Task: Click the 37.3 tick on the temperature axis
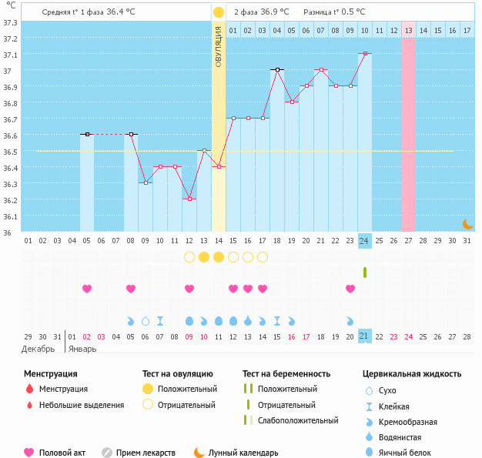tap(10, 22)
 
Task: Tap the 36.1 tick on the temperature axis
tap(10, 216)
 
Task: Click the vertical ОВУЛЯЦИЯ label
tap(219, 46)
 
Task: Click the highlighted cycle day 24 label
tap(365, 241)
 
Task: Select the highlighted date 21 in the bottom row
tap(365, 336)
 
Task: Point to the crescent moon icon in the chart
tap(467, 223)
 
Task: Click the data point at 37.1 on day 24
tap(365, 54)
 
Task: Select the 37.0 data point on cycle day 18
tap(277, 69)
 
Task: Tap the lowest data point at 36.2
tap(189, 199)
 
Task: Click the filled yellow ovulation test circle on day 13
tap(204, 256)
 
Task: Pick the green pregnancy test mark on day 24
tap(365, 272)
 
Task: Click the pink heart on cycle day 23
tap(350, 289)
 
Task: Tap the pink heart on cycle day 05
tap(87, 289)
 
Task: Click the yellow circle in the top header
tap(219, 12)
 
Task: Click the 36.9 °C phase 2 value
tap(275, 12)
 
